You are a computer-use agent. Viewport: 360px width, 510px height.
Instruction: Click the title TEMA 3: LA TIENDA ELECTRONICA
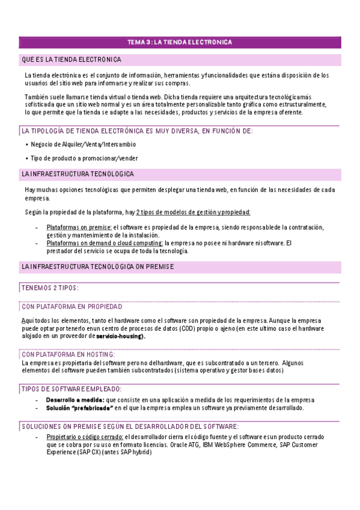(x=180, y=42)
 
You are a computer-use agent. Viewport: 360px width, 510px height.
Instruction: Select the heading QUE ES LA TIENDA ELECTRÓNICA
(x=72, y=60)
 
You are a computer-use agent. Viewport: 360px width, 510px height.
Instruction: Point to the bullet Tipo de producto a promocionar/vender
(x=84, y=158)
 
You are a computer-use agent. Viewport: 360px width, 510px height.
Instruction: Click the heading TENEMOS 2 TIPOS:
(x=50, y=287)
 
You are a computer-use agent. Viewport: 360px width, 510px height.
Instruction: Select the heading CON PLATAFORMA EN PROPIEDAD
(x=72, y=306)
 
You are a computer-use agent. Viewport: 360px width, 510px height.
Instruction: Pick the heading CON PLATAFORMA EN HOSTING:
(x=69, y=355)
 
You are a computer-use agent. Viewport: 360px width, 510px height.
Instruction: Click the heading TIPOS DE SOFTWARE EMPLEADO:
(x=72, y=389)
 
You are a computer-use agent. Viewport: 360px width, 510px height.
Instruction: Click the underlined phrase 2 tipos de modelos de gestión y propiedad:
(x=194, y=212)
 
